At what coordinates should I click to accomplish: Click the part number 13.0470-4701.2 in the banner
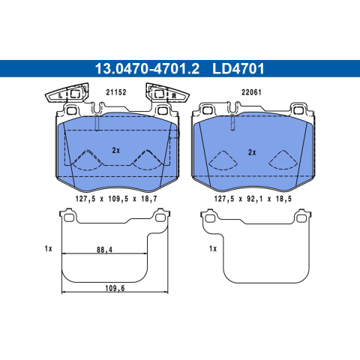click(147, 69)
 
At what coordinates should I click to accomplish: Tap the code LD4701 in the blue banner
click(238, 69)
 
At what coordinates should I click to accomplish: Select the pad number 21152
click(116, 92)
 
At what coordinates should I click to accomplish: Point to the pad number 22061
click(251, 92)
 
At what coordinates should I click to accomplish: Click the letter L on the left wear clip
click(60, 96)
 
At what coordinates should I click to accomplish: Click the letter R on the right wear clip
click(174, 95)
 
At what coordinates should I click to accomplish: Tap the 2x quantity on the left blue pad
click(116, 151)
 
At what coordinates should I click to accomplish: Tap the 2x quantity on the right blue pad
click(252, 152)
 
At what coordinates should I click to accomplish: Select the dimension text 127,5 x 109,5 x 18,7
click(116, 199)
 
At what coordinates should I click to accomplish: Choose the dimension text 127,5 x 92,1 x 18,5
click(253, 199)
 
